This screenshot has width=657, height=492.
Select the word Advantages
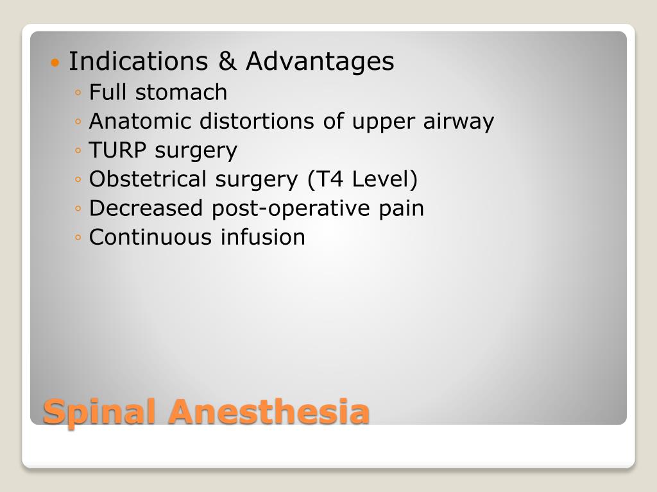320,62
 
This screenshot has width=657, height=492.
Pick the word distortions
257,121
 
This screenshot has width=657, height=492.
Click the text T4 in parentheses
322,179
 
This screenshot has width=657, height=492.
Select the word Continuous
151,237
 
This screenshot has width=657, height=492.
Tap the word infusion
263,237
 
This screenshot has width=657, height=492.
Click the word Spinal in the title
101,412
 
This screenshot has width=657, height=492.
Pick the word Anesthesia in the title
268,411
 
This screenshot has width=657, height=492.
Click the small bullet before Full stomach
78,94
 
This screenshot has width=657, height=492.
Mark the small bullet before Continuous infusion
78,238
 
